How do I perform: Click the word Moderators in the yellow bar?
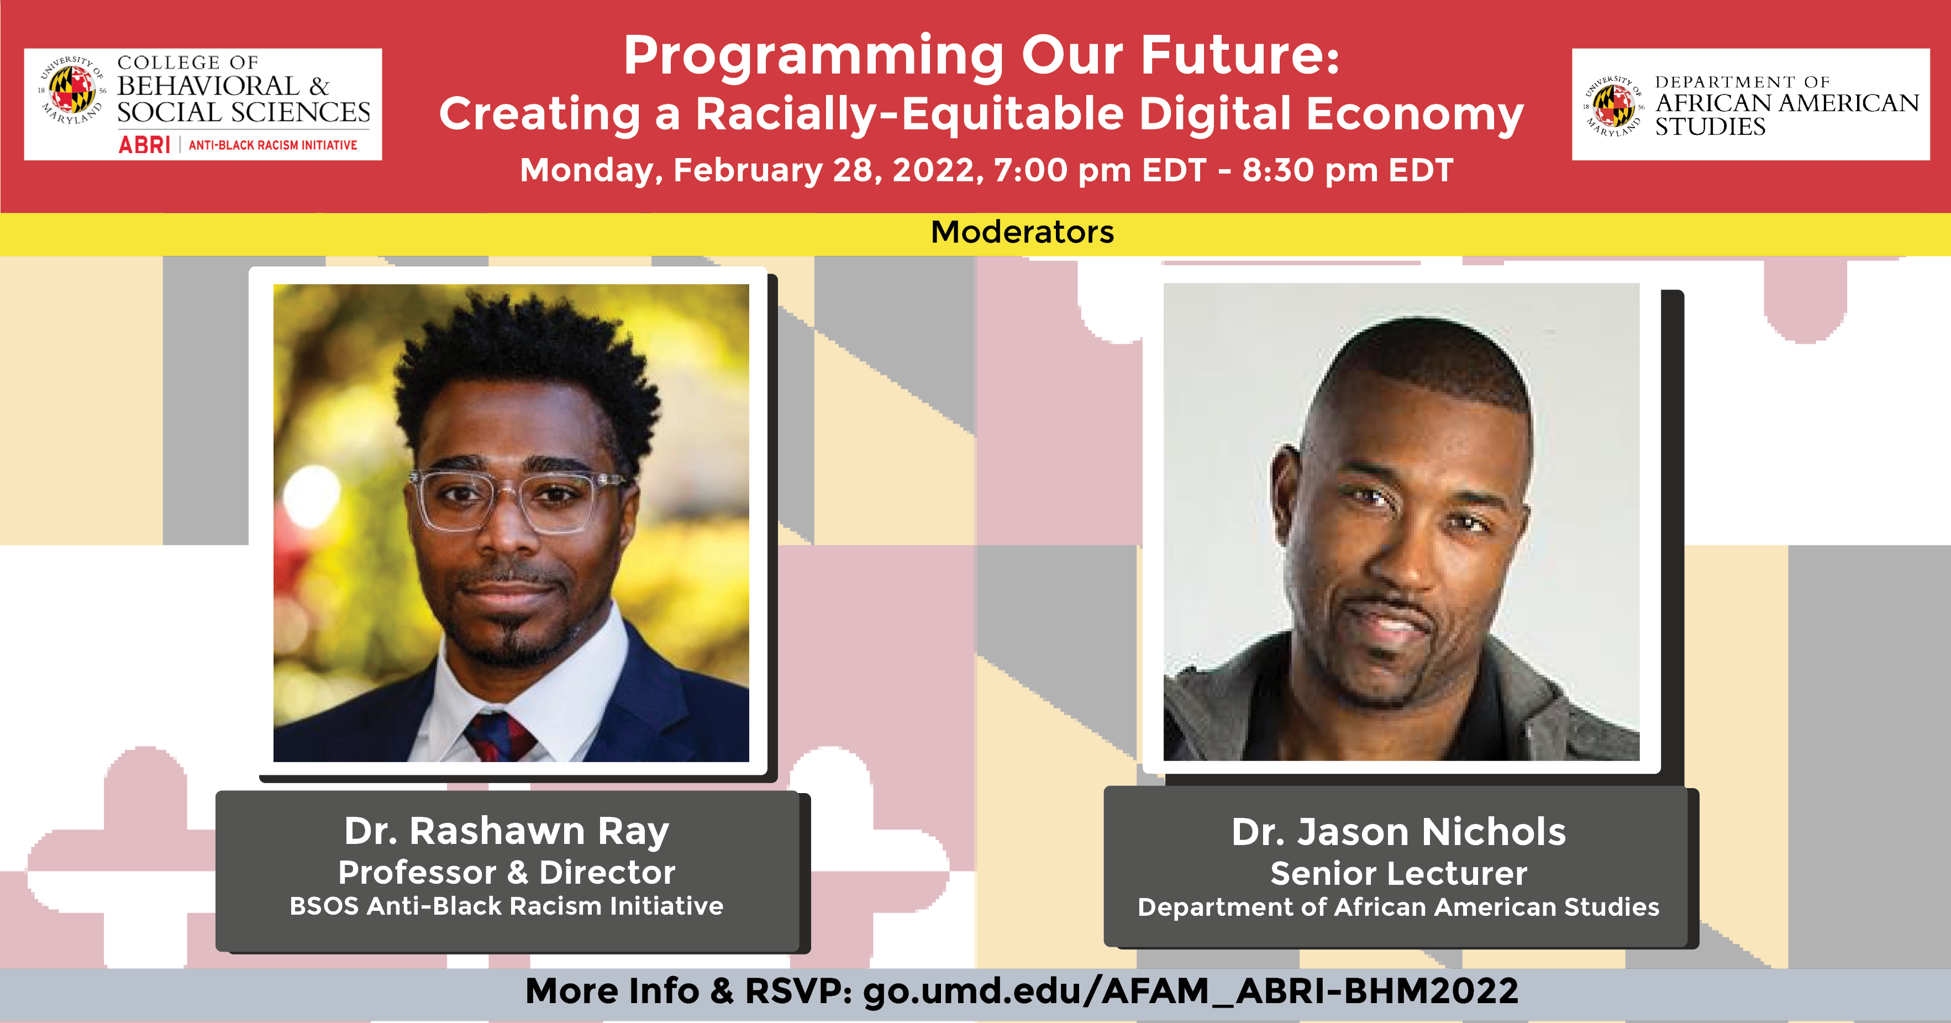tap(1022, 232)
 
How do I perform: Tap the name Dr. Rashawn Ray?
tap(507, 831)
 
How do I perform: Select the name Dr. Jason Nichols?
tap(1398, 831)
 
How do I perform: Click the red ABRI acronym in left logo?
tap(144, 145)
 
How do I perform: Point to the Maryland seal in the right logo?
tap(1614, 106)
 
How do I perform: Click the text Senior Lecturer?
tap(1398, 873)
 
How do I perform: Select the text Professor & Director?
tap(507, 872)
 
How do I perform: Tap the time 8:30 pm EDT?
tap(1348, 170)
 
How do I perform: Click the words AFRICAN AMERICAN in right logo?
tap(1787, 103)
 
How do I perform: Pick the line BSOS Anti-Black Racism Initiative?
tap(507, 906)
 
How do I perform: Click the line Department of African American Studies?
tap(1398, 907)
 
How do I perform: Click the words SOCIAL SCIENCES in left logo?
tap(243, 112)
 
